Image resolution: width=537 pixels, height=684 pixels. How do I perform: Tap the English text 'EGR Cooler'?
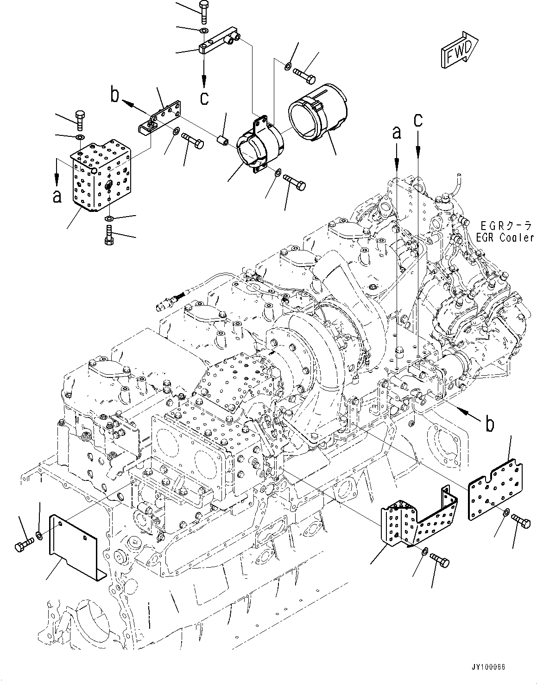(505, 237)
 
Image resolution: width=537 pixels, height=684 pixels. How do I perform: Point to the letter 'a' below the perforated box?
(57, 197)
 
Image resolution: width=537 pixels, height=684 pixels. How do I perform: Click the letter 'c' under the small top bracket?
(204, 98)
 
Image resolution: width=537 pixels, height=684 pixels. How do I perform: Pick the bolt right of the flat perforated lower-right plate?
(521, 523)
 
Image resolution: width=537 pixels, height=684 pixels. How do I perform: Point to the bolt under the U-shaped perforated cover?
(440, 560)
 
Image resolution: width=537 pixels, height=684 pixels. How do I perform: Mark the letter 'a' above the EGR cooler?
(397, 134)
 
